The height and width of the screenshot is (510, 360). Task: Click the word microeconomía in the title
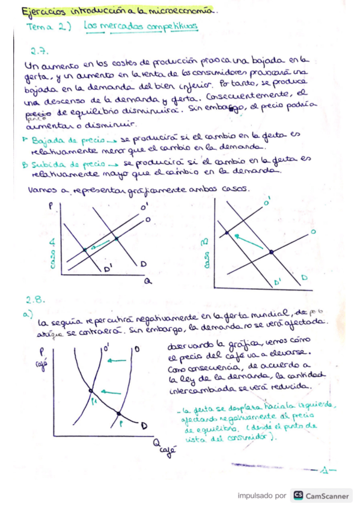(x=180, y=11)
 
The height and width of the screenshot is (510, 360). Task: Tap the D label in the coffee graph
(x=144, y=426)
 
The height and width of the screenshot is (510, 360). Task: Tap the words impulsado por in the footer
(x=261, y=496)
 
